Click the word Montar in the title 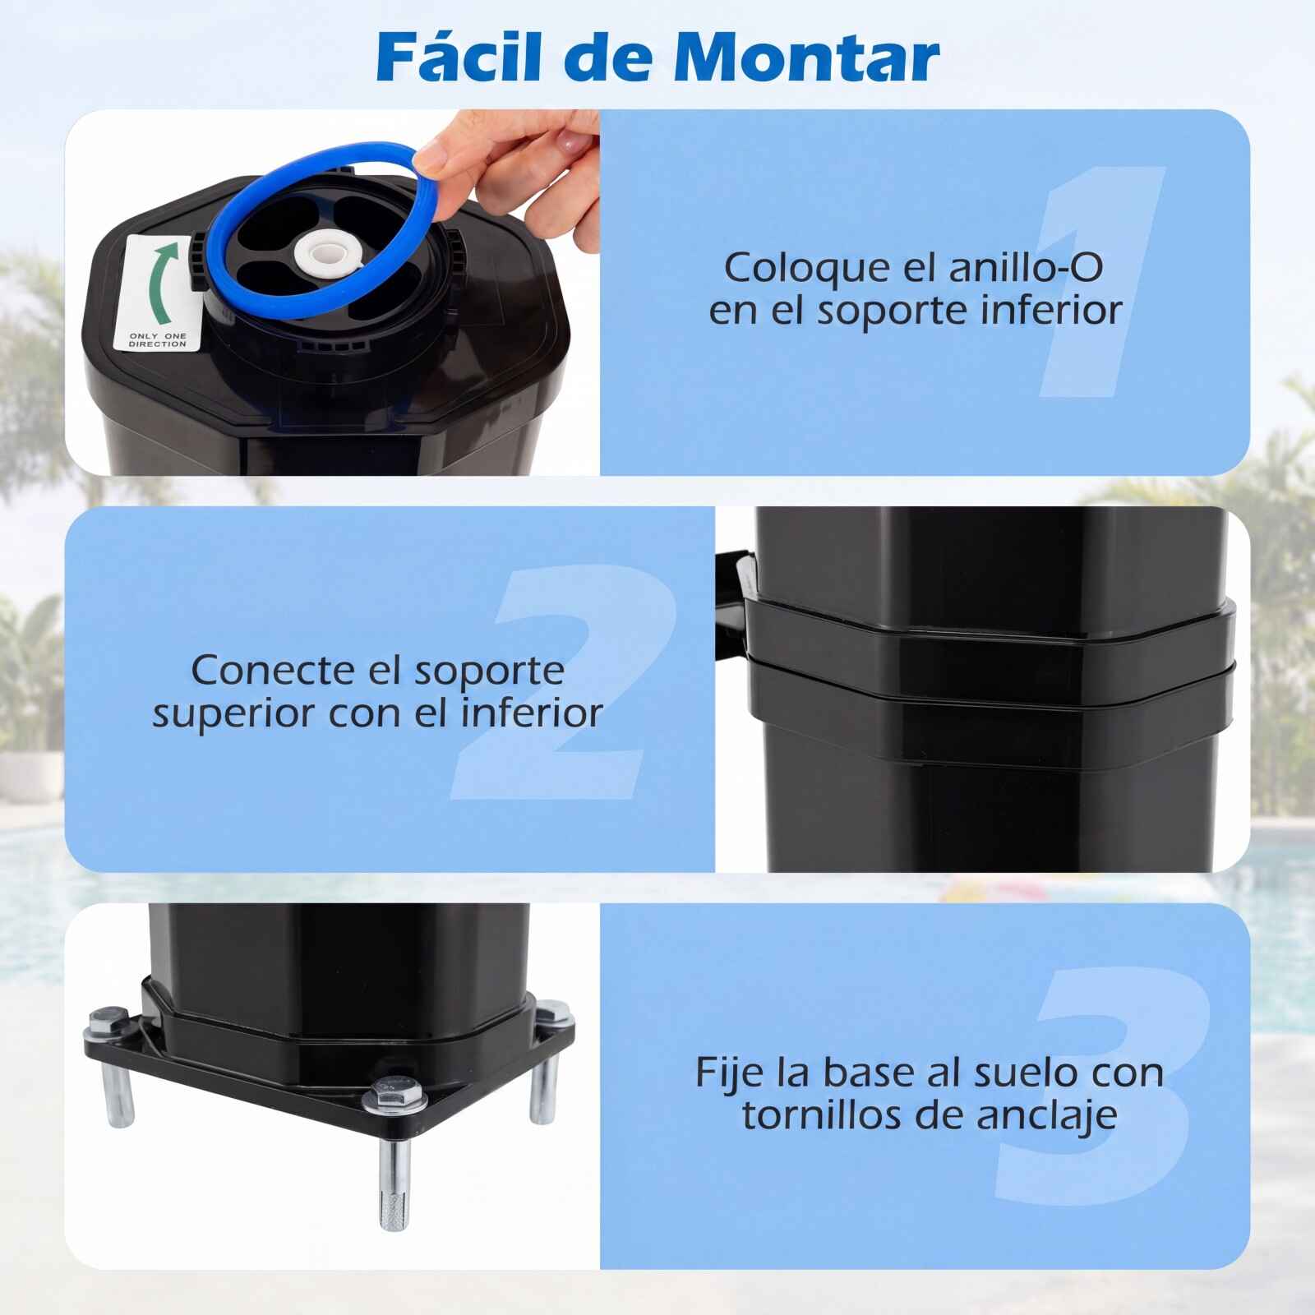pyautogui.click(x=805, y=57)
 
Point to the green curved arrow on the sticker pyautogui.click(x=161, y=283)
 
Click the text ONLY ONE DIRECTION pyautogui.click(x=158, y=340)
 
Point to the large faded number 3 pyautogui.click(x=1101, y=1087)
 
